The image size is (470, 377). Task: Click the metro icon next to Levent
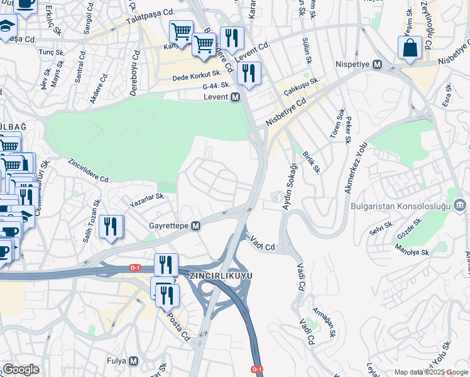[236, 97]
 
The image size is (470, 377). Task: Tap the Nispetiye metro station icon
[378, 65]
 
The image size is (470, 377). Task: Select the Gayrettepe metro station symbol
[196, 226]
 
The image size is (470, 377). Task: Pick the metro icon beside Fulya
[133, 361]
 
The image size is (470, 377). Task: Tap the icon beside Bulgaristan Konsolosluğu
[460, 205]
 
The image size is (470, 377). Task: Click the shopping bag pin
[410, 48]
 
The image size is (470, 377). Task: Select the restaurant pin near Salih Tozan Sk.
[111, 227]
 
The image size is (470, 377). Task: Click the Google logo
[20, 369]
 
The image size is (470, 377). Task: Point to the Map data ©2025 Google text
[430, 372]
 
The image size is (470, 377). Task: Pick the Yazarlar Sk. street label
[146, 200]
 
